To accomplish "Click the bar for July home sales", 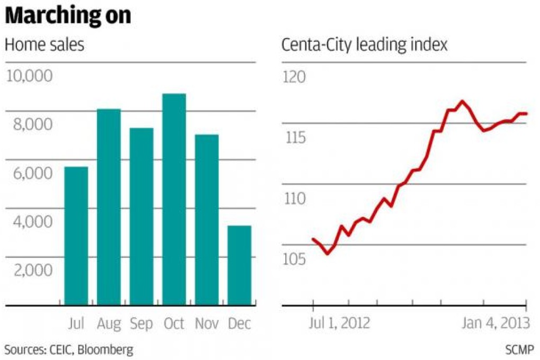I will click(x=76, y=236).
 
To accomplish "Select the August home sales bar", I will click(x=109, y=207).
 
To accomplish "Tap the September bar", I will click(x=141, y=217).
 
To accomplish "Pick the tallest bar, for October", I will click(x=174, y=200).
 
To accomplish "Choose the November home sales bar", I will click(x=206, y=220).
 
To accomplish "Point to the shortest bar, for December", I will click(x=239, y=265).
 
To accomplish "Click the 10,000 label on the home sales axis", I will click(x=29, y=77).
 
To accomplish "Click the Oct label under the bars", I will click(x=174, y=323).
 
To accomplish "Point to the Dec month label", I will click(x=239, y=323).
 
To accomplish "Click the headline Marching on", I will click(x=67, y=16).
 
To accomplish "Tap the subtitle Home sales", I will click(x=44, y=45).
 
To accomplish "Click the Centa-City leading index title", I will click(x=364, y=45).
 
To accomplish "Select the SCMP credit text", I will click(x=519, y=349).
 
